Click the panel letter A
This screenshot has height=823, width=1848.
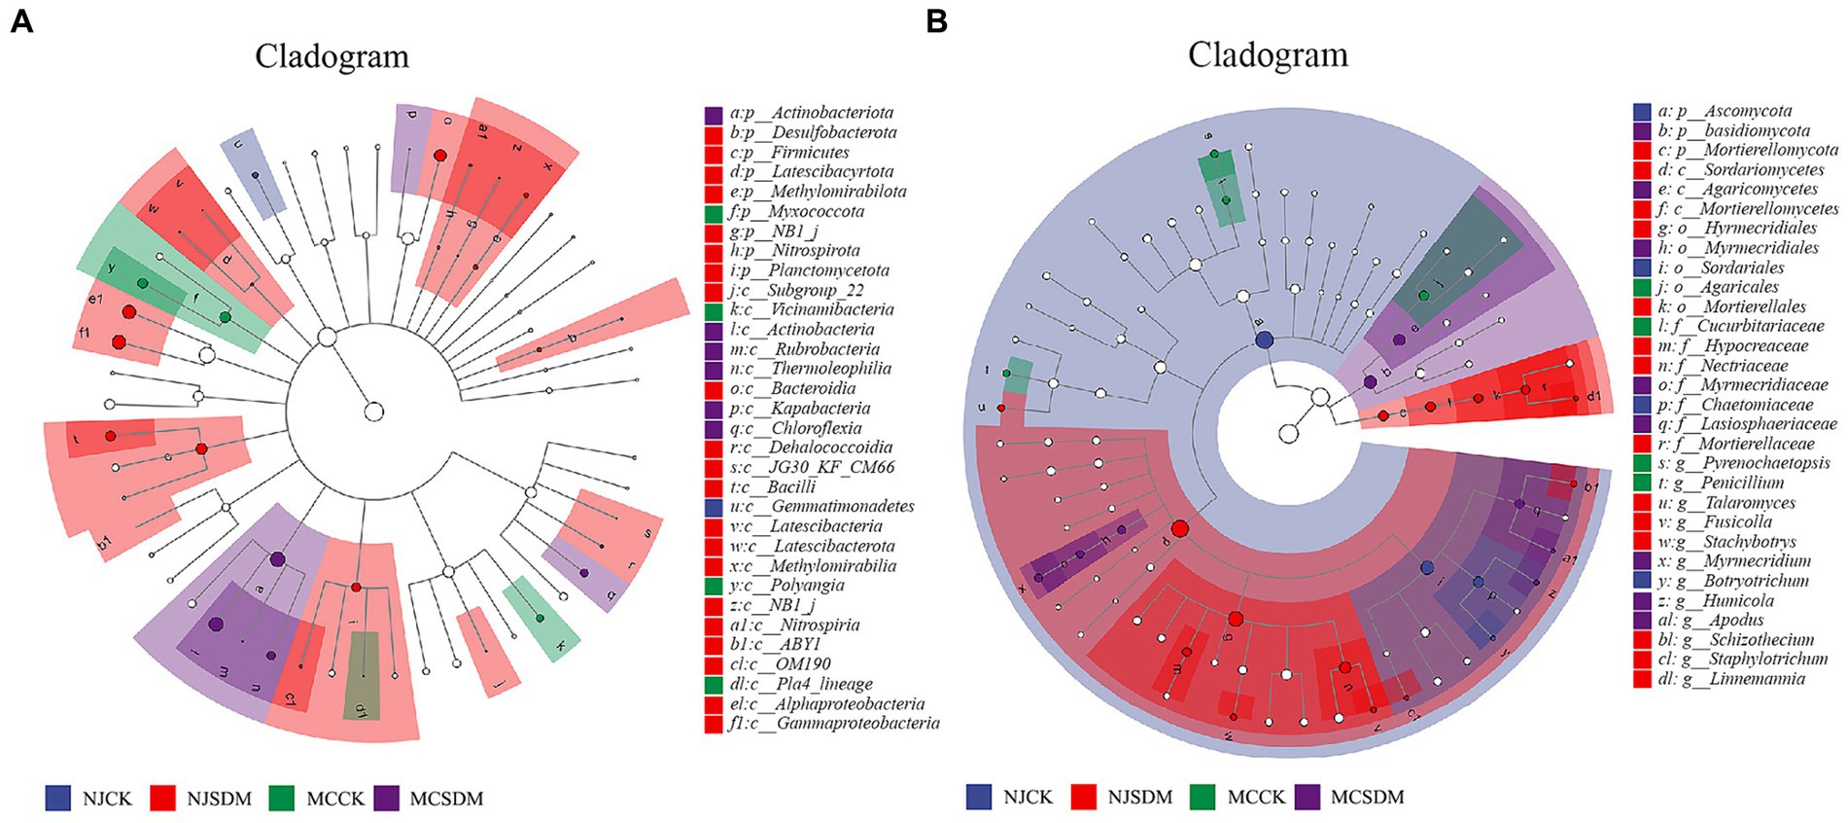[x=20, y=21]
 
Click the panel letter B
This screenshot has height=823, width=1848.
[x=936, y=21]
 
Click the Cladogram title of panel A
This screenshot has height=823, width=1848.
[x=331, y=56]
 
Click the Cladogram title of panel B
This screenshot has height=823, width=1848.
[x=1268, y=54]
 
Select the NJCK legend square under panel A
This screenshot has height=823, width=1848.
[x=58, y=798]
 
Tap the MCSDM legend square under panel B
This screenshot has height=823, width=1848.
[x=1308, y=797]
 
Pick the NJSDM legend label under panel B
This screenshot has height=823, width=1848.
[x=1140, y=797]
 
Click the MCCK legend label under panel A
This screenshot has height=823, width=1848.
[x=335, y=798]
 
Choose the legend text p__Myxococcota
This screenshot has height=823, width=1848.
[x=796, y=211]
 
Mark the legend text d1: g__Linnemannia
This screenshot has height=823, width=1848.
[x=1731, y=679]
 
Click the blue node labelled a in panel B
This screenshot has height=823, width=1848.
[x=1264, y=340]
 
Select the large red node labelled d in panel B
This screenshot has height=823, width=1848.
[x=1180, y=529]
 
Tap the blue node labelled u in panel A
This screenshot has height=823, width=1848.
[x=255, y=175]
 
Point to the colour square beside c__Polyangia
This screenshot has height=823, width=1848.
[x=714, y=586]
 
